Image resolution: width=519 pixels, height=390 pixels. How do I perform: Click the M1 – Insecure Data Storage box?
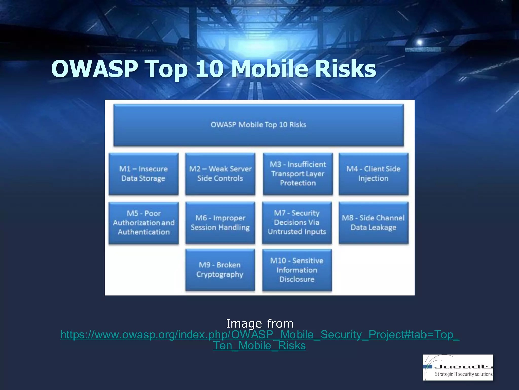143,174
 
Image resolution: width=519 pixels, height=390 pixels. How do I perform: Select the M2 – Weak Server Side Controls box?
220,174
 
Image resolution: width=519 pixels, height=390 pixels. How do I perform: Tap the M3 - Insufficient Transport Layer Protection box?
298,174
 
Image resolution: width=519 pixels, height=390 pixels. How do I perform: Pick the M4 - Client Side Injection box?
373,174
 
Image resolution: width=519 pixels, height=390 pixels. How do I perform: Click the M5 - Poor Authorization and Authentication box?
143,223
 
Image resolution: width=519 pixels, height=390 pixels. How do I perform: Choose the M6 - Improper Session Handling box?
220,223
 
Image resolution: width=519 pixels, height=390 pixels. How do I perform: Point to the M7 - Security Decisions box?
297,223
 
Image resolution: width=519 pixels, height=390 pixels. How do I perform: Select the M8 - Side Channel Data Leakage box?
373,223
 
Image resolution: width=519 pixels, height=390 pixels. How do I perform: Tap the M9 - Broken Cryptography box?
220,270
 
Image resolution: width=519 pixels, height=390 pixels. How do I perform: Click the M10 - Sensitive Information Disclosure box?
297,270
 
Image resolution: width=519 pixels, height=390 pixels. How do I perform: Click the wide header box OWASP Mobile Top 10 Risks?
258,125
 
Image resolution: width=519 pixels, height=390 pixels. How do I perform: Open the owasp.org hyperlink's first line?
259,335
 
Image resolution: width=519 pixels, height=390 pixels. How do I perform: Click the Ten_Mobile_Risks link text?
259,346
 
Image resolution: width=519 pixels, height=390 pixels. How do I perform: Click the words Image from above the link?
259,323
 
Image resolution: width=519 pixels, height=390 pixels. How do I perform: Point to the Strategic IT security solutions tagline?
464,374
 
